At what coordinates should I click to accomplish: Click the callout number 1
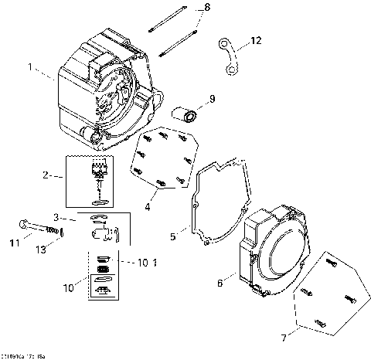(31, 67)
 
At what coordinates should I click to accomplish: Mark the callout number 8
(206, 7)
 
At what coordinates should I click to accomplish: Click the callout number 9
(213, 98)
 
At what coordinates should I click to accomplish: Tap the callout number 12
(257, 39)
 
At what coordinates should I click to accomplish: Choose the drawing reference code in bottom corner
(22, 355)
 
